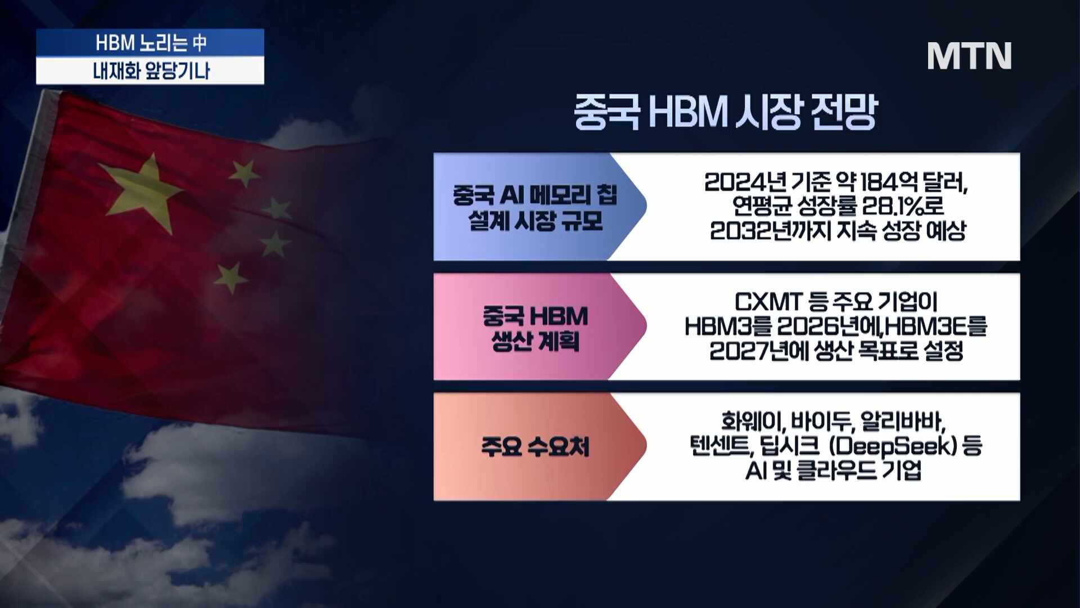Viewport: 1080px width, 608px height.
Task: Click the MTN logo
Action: coord(969,56)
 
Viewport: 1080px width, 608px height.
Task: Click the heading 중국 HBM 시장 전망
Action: coord(726,112)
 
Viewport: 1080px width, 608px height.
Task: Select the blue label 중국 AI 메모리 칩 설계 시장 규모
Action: coord(535,207)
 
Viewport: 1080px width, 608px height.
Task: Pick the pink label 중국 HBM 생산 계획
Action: coord(535,328)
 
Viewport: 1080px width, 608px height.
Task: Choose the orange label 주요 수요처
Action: coord(535,447)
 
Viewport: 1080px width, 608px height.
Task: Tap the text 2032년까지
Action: coord(770,230)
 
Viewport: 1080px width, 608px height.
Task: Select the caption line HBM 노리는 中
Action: coord(151,43)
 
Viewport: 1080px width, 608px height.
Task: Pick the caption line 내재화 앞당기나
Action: coord(151,71)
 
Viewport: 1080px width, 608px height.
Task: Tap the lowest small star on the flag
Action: coord(229,278)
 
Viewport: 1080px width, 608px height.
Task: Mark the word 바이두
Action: coord(822,422)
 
